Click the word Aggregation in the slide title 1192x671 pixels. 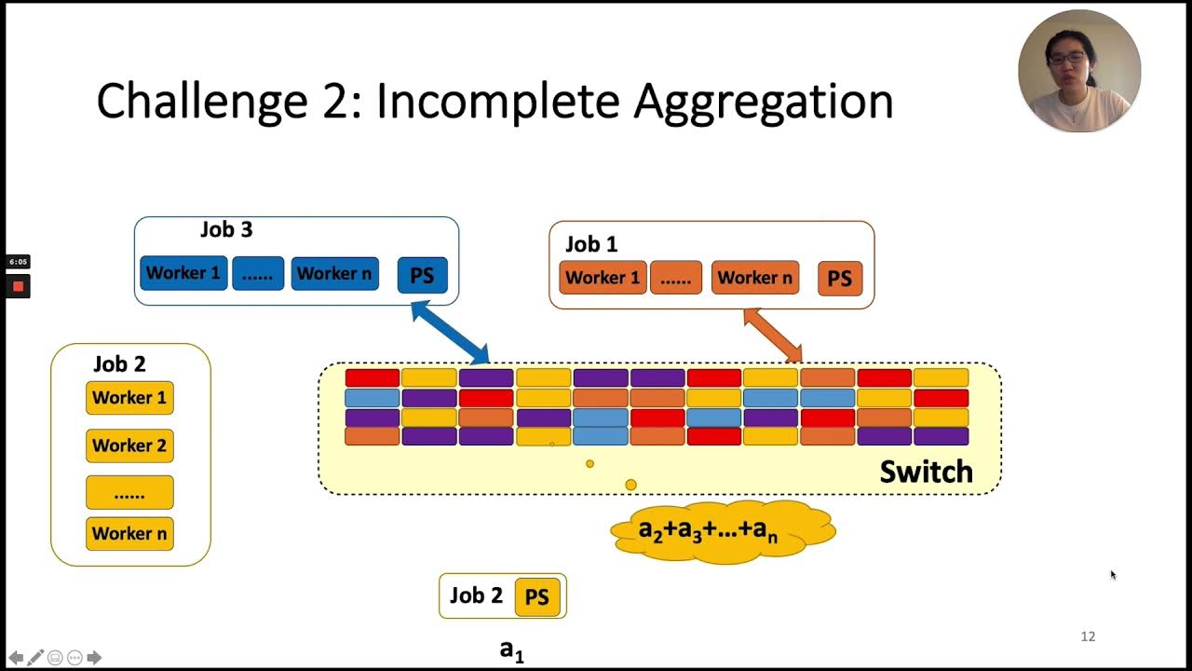[x=764, y=101]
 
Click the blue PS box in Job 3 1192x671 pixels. [x=422, y=276]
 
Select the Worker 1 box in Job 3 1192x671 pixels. [x=183, y=273]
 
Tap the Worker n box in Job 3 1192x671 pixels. [x=334, y=273]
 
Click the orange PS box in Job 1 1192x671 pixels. [x=840, y=279]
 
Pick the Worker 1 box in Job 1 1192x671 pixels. [x=603, y=278]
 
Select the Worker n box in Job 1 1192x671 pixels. [x=754, y=278]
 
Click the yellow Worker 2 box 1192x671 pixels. [x=129, y=445]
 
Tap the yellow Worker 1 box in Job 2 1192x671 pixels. [x=129, y=398]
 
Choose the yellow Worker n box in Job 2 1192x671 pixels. [x=129, y=533]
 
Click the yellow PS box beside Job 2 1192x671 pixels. [x=537, y=597]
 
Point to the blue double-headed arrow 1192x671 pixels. [x=451, y=333]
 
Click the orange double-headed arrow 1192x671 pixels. [x=773, y=335]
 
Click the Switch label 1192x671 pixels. [x=926, y=472]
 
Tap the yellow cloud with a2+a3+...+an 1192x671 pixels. [x=722, y=532]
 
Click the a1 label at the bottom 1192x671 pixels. [x=511, y=650]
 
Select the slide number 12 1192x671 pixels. [x=1088, y=637]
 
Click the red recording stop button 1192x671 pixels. [x=18, y=286]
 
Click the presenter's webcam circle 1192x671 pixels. [x=1078, y=71]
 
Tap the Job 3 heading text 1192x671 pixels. [x=226, y=229]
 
